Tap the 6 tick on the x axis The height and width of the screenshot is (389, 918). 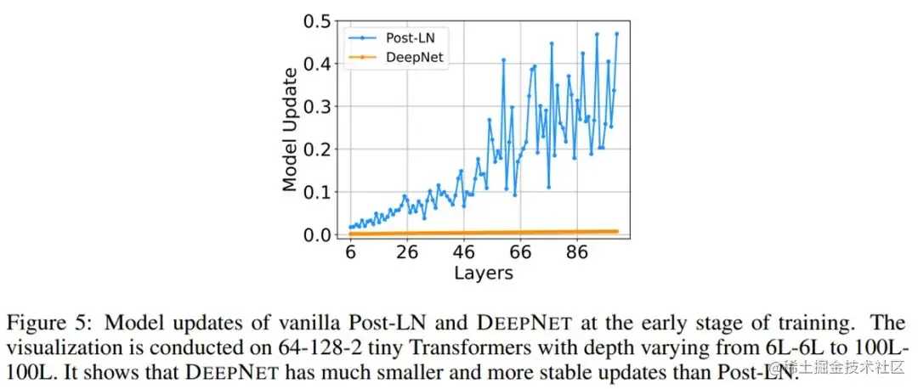pyautogui.click(x=350, y=253)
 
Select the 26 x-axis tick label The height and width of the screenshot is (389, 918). pyautogui.click(x=407, y=253)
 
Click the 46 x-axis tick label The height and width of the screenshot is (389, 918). pyautogui.click(x=464, y=253)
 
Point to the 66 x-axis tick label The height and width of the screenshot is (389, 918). pyautogui.click(x=521, y=253)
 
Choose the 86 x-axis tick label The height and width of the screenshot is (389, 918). pyautogui.click(x=578, y=253)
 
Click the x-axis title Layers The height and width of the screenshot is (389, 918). pyautogui.click(x=483, y=273)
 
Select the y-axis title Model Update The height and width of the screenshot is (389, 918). pyautogui.click(x=291, y=129)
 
